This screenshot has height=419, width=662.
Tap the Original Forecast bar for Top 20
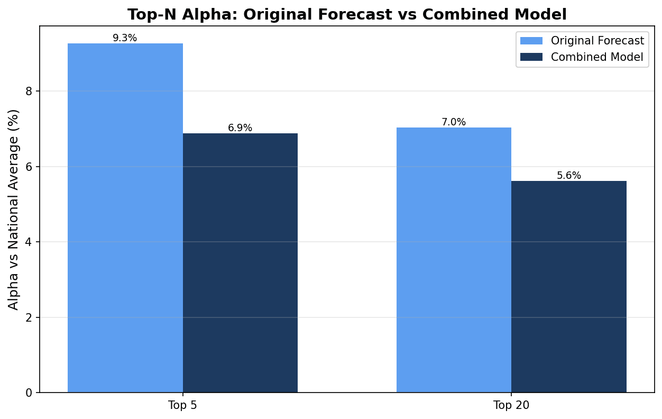(454, 260)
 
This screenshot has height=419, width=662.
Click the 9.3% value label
(125, 38)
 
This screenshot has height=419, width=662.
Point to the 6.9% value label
(240, 128)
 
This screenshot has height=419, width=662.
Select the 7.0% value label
(454, 122)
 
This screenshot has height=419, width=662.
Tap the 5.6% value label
(569, 176)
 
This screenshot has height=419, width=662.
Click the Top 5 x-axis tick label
(182, 406)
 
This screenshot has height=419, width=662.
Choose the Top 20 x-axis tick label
(511, 406)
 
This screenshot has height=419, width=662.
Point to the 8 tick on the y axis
(30, 92)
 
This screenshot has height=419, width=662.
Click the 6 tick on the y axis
(30, 167)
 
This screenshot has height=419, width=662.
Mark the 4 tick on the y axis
(30, 242)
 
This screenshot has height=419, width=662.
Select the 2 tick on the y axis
(30, 317)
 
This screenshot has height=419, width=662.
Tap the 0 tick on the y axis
(30, 393)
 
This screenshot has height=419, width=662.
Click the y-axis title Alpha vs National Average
(14, 210)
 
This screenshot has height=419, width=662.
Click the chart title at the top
(347, 14)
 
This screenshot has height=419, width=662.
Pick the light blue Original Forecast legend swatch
(531, 41)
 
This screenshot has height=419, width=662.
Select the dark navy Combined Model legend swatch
(531, 57)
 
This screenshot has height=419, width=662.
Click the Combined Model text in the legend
(597, 57)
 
